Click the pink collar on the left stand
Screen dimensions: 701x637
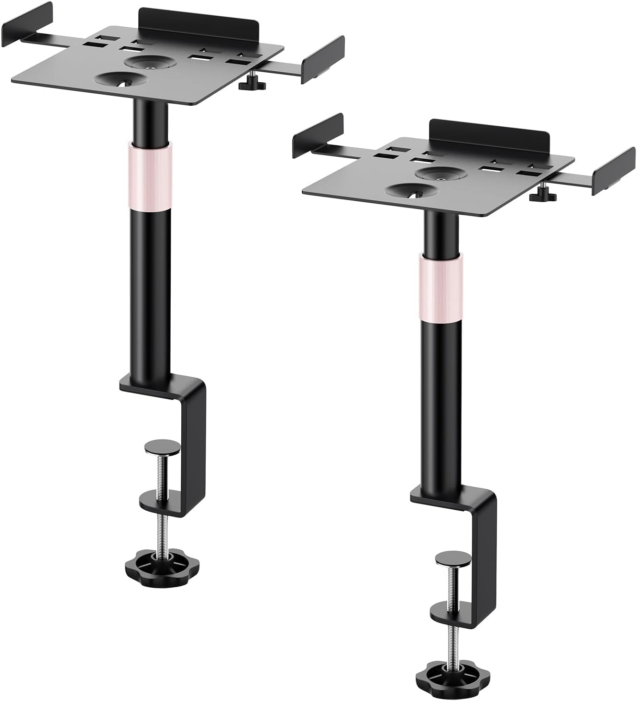click(149, 174)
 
